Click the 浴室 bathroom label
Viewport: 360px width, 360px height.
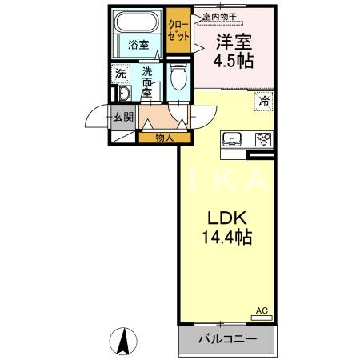coord(138,45)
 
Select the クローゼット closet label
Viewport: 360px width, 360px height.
coord(178,30)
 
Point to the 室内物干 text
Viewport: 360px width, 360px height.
coord(218,16)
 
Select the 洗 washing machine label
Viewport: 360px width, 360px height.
coord(120,74)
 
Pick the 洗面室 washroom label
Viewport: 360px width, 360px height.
coord(147,82)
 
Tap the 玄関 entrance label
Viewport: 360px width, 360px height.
coord(122,118)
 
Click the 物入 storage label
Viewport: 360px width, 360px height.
coord(164,138)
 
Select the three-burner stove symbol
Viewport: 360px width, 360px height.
coord(263,137)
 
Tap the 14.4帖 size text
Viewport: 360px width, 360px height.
coord(227,238)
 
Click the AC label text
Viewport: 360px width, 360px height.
coord(261,310)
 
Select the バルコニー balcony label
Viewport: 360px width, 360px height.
coord(228,340)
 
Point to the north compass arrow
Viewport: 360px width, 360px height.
coord(125,342)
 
